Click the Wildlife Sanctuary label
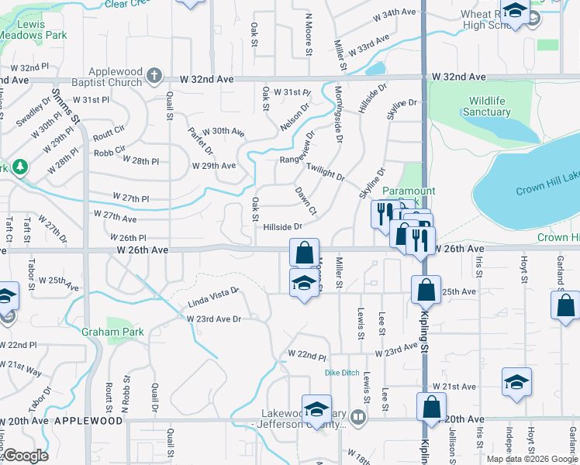(489, 106)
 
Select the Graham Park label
(112, 332)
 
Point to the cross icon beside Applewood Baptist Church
(154, 75)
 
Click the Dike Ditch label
(342, 373)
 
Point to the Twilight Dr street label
(326, 172)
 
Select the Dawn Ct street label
(306, 201)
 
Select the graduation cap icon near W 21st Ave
(516, 382)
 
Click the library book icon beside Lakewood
(357, 418)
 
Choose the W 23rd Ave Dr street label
(213, 319)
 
